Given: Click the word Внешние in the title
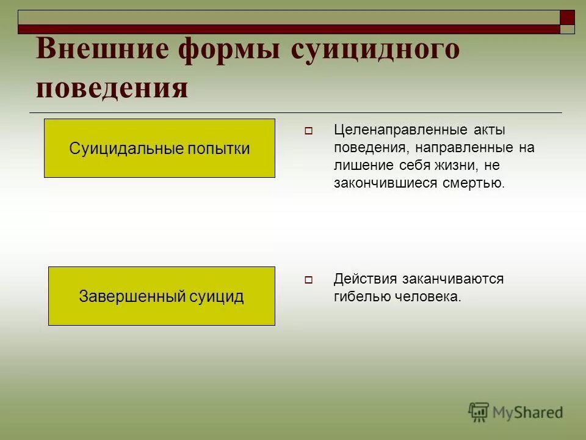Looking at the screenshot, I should pyautogui.click(x=101, y=49).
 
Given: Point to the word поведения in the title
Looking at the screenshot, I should pyautogui.click(x=112, y=87).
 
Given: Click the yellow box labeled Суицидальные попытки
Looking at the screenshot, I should pyautogui.click(x=159, y=148).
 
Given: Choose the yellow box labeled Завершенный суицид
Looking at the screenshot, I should pyautogui.click(x=161, y=296).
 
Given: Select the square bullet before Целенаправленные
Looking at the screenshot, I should pyautogui.click(x=308, y=131).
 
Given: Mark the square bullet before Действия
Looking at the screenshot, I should pyautogui.click(x=308, y=280).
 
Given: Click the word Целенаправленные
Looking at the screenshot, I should pyautogui.click(x=396, y=130).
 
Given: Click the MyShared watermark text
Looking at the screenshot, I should pyautogui.click(x=527, y=413).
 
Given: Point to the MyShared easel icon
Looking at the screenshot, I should pyautogui.click(x=479, y=412).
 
